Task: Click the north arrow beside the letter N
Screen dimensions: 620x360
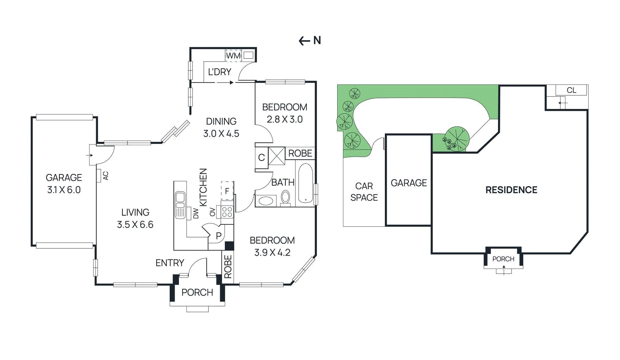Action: pyautogui.click(x=304, y=41)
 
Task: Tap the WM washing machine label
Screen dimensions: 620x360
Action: pyautogui.click(x=233, y=56)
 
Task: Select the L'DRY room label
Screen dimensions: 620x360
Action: pyautogui.click(x=219, y=72)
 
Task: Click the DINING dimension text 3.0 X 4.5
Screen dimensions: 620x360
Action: pyautogui.click(x=221, y=134)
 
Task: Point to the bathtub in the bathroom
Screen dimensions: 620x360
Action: pyautogui.click(x=305, y=183)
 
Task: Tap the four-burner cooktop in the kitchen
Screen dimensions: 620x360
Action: pyautogui.click(x=227, y=212)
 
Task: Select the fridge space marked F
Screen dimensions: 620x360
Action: pyautogui.click(x=227, y=191)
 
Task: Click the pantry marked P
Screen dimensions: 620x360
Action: pyautogui.click(x=219, y=236)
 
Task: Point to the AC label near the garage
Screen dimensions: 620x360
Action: pyautogui.click(x=105, y=176)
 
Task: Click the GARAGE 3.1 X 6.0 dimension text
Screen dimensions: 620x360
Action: pyautogui.click(x=64, y=190)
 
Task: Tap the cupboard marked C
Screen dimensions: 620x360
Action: pyautogui.click(x=262, y=157)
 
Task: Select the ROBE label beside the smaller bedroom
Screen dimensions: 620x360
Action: pyautogui.click(x=300, y=153)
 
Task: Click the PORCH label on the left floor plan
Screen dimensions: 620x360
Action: pyautogui.click(x=197, y=292)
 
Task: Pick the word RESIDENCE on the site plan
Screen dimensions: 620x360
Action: pyautogui.click(x=511, y=190)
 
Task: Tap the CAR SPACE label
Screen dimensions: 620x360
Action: pyautogui.click(x=364, y=192)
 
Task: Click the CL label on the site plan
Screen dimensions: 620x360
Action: pyautogui.click(x=571, y=90)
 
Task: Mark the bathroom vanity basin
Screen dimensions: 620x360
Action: pyautogui.click(x=266, y=201)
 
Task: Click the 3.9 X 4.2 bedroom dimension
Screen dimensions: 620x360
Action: pyautogui.click(x=272, y=253)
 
